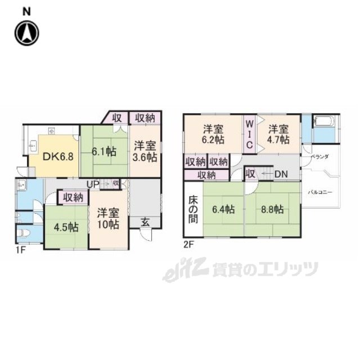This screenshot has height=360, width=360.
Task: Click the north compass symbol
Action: [x=26, y=32]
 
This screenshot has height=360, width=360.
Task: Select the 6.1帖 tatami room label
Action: [x=105, y=152]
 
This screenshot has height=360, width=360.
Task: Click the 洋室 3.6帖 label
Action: [x=145, y=152]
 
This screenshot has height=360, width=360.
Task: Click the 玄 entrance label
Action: [x=145, y=222]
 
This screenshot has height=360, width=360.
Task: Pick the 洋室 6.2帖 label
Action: [x=214, y=133]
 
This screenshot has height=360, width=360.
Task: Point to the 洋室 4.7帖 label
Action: [x=278, y=133]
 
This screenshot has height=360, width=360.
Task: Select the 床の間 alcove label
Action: [x=192, y=209]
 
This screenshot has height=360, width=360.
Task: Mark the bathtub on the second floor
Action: [x=325, y=121]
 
